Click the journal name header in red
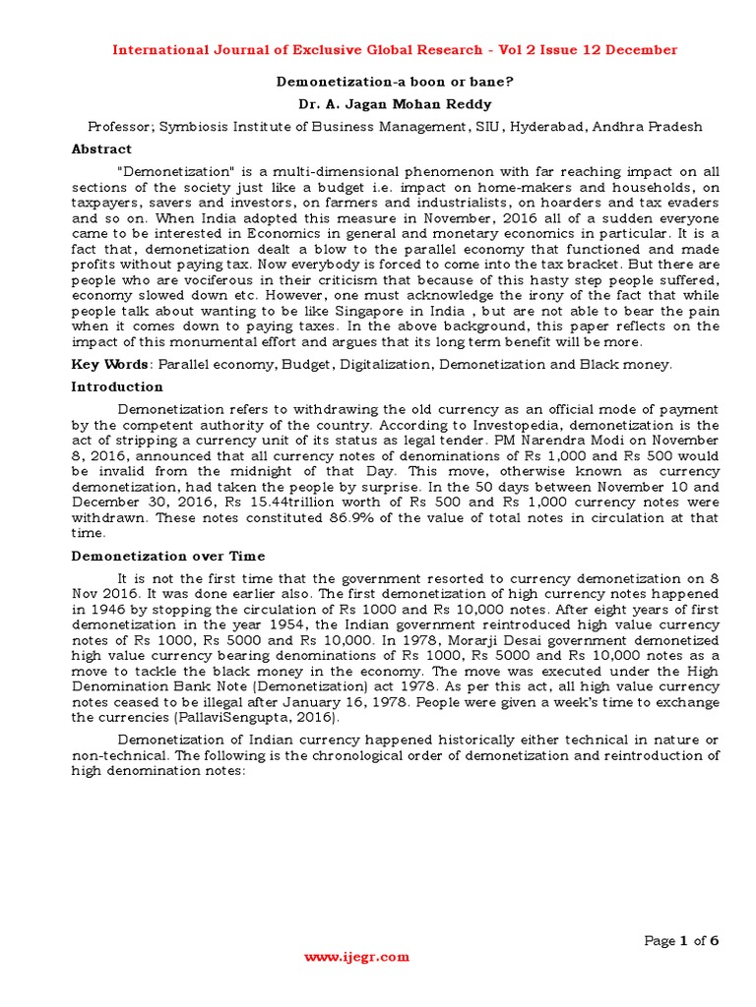pos(393,49)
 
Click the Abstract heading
pos(101,149)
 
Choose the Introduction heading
pos(117,386)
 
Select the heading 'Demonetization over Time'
pos(168,557)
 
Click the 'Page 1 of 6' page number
pos(681,941)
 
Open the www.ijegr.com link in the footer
pos(356,957)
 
